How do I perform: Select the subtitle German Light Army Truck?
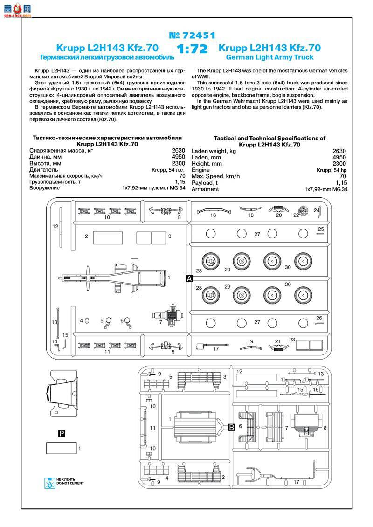point(269,57)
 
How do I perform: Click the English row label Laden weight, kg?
point(214,151)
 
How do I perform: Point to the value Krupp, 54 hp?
point(331,170)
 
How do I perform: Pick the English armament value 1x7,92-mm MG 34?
point(325,189)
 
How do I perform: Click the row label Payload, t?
point(206,183)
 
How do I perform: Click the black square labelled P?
point(62,434)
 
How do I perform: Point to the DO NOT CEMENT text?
point(70,483)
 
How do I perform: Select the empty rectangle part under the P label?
point(61,448)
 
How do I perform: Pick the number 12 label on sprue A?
point(55,227)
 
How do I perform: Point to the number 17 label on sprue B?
point(297,482)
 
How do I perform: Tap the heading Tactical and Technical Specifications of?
point(269,139)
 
